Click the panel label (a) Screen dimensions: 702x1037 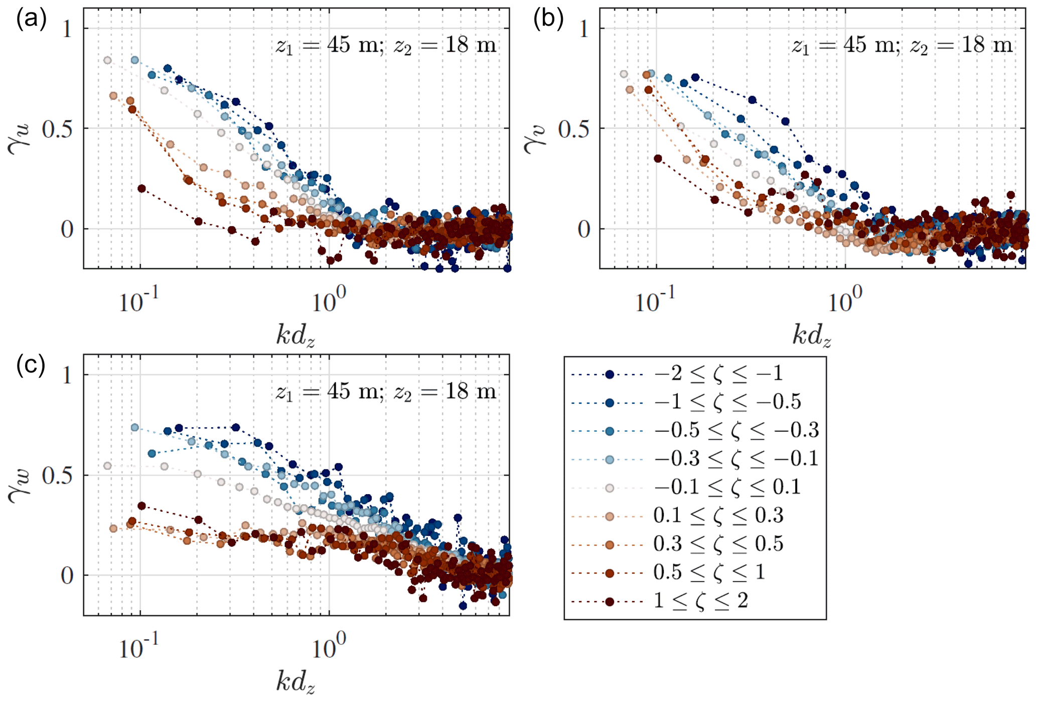click(31, 20)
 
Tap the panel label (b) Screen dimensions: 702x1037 click(548, 20)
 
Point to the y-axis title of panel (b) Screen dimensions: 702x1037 click(535, 137)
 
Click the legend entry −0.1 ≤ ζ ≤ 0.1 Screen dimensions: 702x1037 click(726, 487)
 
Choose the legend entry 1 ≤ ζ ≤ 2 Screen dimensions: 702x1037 click(700, 601)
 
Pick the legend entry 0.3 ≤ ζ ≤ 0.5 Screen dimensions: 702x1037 click(718, 544)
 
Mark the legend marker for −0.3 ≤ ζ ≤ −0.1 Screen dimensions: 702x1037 click(610, 459)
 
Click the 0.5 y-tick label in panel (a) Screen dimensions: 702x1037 click(57, 129)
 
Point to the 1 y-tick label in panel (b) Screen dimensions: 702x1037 click(583, 29)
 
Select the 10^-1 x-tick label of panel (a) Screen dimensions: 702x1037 click(138, 302)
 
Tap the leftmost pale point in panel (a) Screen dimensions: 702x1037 click(107, 60)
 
